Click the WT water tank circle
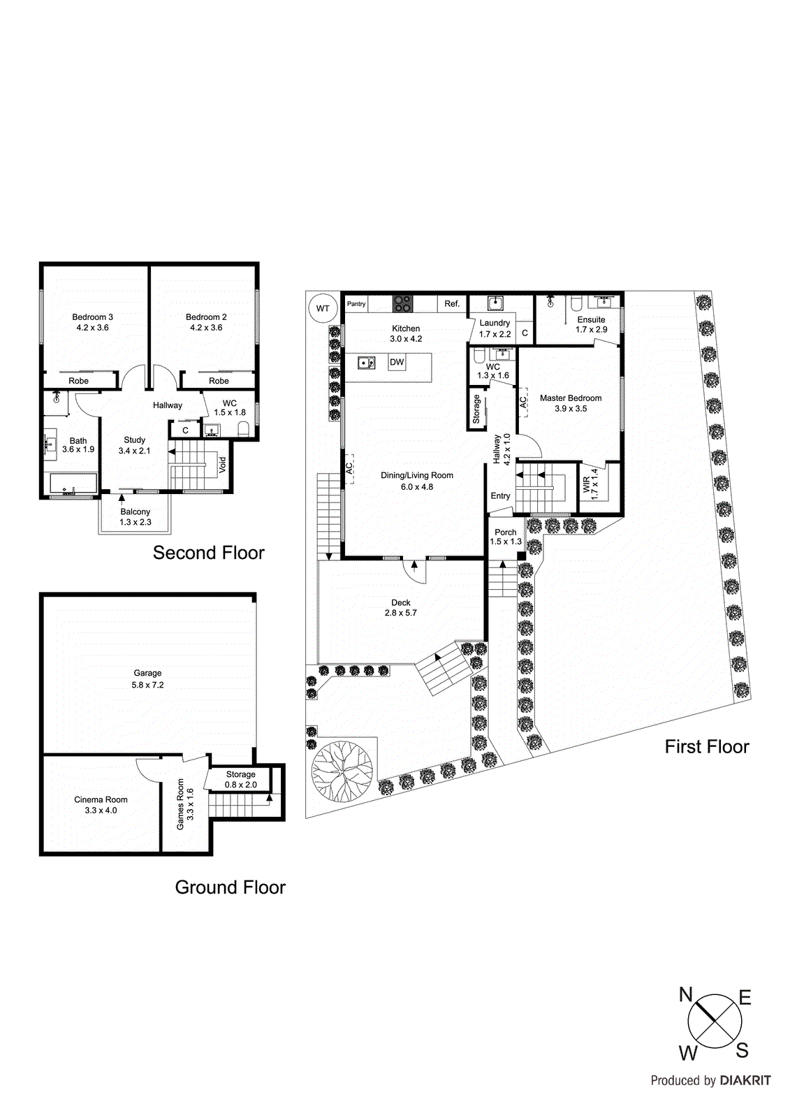[x=323, y=308]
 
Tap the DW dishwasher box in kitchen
[x=397, y=362]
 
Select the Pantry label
[x=356, y=304]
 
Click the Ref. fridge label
[x=452, y=304]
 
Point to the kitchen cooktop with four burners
[x=402, y=304]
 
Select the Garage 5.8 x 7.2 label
[x=147, y=679]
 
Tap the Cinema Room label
[x=101, y=805]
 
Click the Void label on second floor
[x=223, y=465]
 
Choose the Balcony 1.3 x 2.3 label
[x=135, y=517]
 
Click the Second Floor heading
[x=208, y=553]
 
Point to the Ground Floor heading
[x=230, y=887]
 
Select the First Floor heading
[x=706, y=747]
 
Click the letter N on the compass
[x=686, y=995]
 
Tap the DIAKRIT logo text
[x=745, y=1080]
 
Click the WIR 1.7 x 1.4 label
[x=590, y=482]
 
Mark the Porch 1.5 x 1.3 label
[x=506, y=537]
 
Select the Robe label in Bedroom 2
[x=219, y=381]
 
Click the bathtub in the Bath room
[x=73, y=484]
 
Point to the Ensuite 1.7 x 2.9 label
[x=591, y=324]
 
